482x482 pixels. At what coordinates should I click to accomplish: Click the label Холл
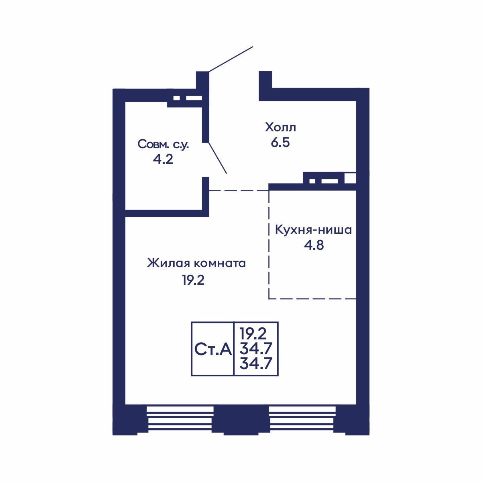[280, 127]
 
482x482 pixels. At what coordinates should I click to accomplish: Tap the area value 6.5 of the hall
[280, 143]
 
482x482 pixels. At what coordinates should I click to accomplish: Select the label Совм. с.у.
[163, 144]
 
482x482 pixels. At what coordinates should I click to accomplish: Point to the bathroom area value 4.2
[163, 159]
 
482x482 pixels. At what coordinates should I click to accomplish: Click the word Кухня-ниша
[313, 230]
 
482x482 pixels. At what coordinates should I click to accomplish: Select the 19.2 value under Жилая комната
[193, 280]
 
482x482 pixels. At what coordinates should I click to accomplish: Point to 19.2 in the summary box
[253, 334]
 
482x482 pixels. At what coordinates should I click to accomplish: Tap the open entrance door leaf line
[231, 59]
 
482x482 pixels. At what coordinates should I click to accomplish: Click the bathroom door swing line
[218, 158]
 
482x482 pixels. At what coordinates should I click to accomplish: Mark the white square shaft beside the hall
[350, 178]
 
